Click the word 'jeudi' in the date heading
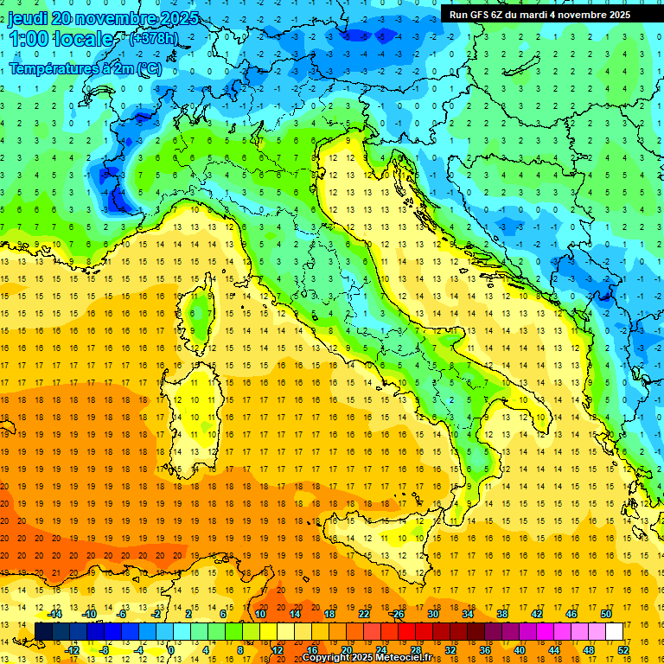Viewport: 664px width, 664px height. (28, 18)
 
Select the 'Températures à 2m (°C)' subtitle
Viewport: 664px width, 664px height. (85, 67)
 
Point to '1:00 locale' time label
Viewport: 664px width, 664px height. (61, 39)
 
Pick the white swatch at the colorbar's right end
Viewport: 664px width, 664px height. (614, 631)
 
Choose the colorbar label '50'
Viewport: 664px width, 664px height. (605, 613)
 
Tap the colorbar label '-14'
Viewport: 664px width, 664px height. (54, 613)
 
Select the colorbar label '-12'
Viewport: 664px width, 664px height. (72, 650)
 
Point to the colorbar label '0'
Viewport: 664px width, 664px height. (171, 650)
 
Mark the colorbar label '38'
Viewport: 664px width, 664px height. (501, 613)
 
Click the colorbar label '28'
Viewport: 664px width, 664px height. (415, 650)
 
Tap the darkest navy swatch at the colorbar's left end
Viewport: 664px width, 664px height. (43, 631)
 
